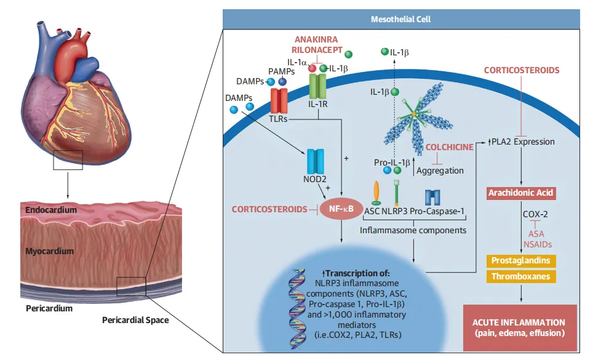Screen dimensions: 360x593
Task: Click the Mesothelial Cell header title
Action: coord(400,19)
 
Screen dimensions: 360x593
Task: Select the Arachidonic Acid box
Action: coord(521,193)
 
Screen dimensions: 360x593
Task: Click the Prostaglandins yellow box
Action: coord(520,260)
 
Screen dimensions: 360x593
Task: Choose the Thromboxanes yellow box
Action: coord(520,276)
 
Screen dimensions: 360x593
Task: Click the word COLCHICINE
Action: coord(450,147)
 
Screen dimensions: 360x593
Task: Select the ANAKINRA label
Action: coord(317,39)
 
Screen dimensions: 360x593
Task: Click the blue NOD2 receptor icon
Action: coord(316,162)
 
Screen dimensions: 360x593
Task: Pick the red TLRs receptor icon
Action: coord(279,100)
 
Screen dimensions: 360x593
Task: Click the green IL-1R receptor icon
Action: coord(318,87)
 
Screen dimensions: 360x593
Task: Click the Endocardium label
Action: coord(52,210)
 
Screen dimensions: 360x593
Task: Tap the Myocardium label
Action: coord(50,251)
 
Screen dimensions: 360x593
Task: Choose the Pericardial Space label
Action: coord(135,320)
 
